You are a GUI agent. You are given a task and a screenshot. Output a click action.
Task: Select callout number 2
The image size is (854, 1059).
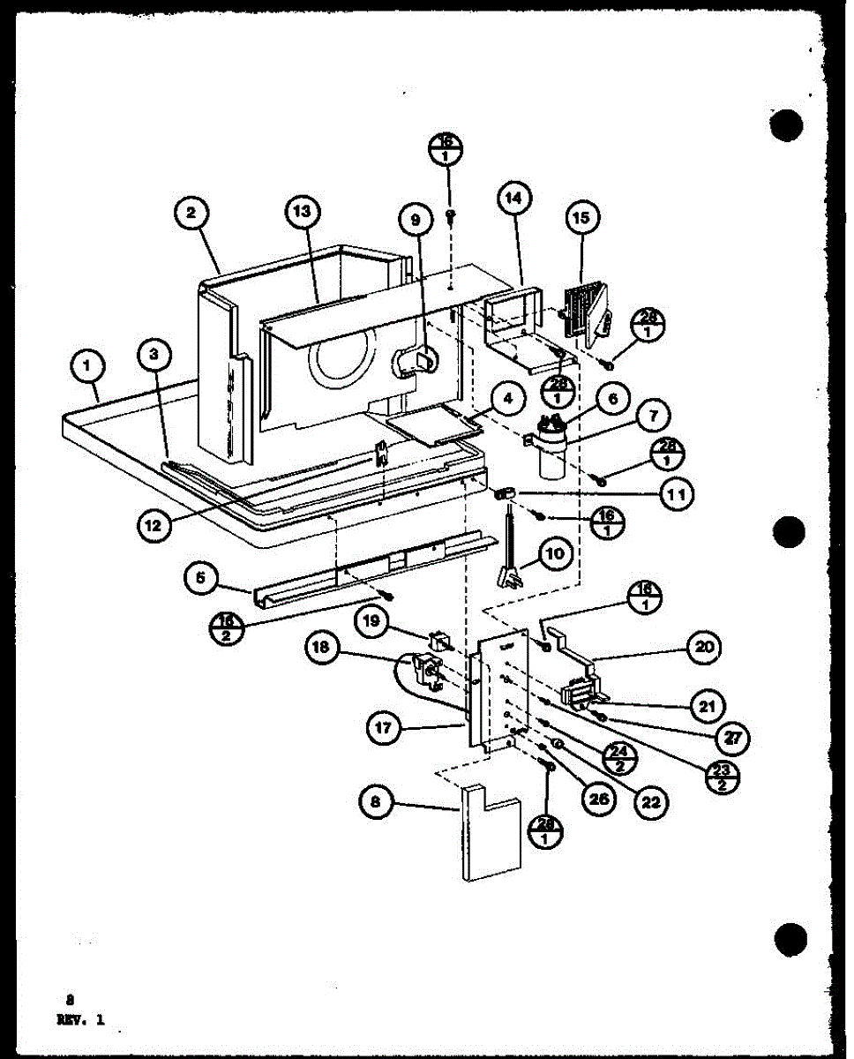(191, 212)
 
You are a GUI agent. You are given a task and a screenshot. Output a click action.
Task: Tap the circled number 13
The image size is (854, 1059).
(303, 212)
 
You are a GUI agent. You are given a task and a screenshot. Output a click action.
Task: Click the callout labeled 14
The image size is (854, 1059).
(514, 199)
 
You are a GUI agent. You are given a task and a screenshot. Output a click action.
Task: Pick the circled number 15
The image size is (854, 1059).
(582, 217)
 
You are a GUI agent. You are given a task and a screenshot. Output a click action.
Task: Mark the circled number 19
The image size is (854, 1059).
(372, 620)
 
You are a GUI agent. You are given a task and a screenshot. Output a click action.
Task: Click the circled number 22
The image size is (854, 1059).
(651, 802)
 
